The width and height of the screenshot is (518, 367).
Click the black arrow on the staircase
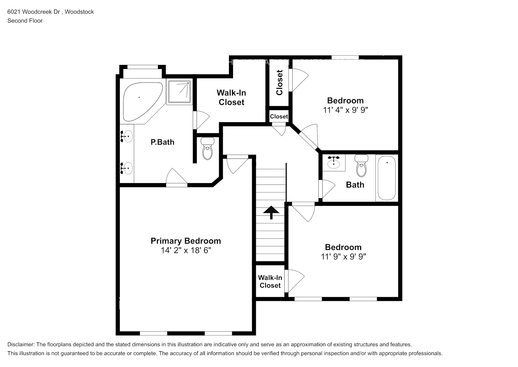pyautogui.click(x=271, y=212)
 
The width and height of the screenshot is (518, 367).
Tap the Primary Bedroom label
pyautogui.click(x=186, y=241)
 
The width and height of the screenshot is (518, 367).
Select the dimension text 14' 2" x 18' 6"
pyautogui.click(x=186, y=250)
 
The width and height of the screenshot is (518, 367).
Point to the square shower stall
pyautogui.click(x=180, y=91)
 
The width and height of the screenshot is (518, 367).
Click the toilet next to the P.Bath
pyautogui.click(x=207, y=148)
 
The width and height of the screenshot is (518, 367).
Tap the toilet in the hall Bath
pyautogui.click(x=362, y=166)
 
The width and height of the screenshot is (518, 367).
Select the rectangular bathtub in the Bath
pyautogui.click(x=386, y=178)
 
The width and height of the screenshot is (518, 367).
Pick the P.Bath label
pyautogui.click(x=162, y=142)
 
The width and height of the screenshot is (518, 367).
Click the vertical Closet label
pyautogui.click(x=280, y=83)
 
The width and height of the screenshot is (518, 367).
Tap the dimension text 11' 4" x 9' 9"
pyautogui.click(x=345, y=110)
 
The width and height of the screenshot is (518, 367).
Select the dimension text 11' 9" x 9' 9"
pyautogui.click(x=343, y=257)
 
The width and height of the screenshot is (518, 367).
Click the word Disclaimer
pyautogui.click(x=21, y=344)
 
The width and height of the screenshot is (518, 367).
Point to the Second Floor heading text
pyautogui.click(x=25, y=21)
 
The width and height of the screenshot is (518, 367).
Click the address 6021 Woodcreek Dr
pyautogui.click(x=34, y=12)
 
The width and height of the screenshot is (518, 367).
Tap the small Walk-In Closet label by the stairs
pyautogui.click(x=270, y=281)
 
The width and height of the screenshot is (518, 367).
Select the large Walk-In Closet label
pyautogui.click(x=232, y=98)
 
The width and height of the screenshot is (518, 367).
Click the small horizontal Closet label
pyautogui.click(x=279, y=117)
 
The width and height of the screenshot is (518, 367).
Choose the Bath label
pyautogui.click(x=355, y=185)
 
